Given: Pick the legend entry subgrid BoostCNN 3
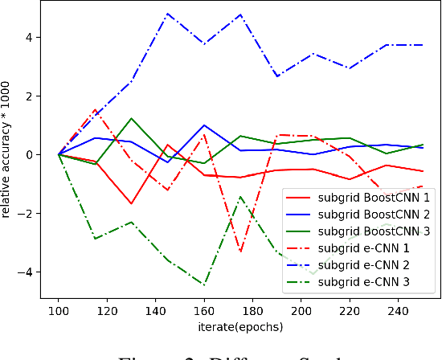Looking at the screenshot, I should pos(362,233).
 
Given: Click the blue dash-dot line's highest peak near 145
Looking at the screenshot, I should pos(167,14).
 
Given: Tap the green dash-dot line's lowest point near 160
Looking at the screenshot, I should pos(204,284).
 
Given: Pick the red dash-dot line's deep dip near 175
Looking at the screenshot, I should pos(240,251).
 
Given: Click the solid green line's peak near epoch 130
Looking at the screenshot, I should pos(131,118).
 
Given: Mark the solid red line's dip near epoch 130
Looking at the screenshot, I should pos(131,203).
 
